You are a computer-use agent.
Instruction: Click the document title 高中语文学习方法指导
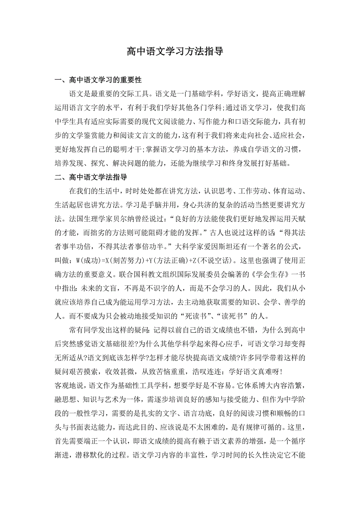pos(175,51)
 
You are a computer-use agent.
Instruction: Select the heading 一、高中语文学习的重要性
pos(98,80)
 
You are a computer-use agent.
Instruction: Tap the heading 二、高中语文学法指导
pos(91,177)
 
